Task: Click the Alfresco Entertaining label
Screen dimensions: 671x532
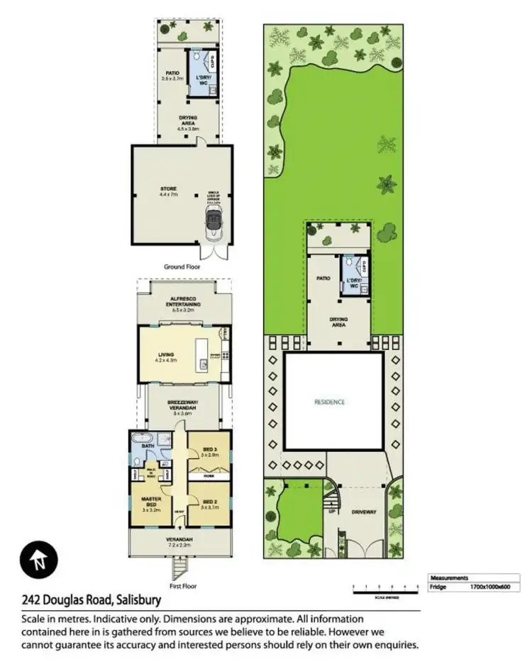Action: click(x=183, y=302)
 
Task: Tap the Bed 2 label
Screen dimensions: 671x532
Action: click(x=209, y=504)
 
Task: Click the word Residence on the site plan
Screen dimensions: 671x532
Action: click(x=330, y=402)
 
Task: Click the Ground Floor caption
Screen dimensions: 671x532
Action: click(x=182, y=267)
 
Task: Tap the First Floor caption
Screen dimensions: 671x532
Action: click(x=182, y=586)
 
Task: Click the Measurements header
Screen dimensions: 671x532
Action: click(x=449, y=577)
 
